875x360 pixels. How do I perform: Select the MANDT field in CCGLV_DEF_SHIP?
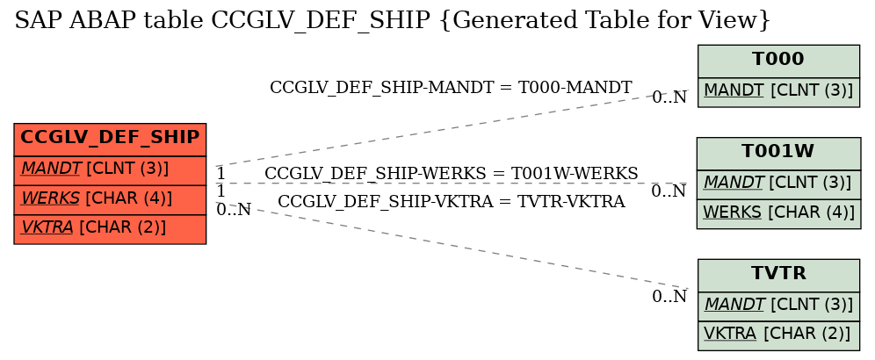point(110,169)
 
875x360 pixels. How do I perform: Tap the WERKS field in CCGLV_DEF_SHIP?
point(110,199)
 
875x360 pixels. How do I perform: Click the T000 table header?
point(778,61)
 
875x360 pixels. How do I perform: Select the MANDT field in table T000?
point(778,91)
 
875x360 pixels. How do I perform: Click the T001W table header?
point(778,153)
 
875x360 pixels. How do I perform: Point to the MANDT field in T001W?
point(778,184)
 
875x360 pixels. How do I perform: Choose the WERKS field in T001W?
point(778,213)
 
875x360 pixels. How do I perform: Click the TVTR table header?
point(778,275)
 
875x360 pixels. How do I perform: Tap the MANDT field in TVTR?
point(778,306)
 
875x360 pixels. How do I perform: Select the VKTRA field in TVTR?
point(778,335)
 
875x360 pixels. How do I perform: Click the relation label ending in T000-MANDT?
point(451,88)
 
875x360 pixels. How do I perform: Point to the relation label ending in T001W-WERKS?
point(451,174)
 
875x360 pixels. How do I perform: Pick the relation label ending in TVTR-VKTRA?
point(451,201)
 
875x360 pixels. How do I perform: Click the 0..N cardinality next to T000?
point(669,97)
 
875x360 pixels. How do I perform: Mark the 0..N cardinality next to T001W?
point(669,191)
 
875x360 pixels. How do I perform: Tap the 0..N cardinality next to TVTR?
point(669,297)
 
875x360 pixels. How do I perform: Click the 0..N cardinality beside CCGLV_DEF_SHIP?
point(234,209)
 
